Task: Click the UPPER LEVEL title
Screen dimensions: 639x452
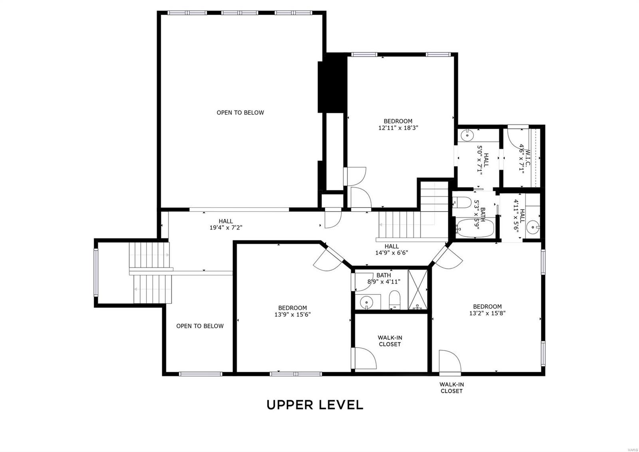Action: point(315,405)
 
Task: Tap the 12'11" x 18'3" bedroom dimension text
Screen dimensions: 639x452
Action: point(398,128)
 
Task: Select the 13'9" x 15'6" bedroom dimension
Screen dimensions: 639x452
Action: point(292,314)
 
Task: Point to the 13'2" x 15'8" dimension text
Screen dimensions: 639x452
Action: point(487,313)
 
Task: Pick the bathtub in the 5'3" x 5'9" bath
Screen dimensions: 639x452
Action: point(475,228)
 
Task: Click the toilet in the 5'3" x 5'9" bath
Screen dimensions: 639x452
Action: point(462,202)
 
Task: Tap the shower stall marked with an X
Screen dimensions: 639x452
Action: point(418,289)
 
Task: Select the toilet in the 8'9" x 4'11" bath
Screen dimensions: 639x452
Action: point(395,300)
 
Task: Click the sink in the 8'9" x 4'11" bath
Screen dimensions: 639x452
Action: point(366,302)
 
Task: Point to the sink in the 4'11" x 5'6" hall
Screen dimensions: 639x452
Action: point(533,228)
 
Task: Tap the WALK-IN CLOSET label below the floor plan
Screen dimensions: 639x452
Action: point(452,388)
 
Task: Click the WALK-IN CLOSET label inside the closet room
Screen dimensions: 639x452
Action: point(390,341)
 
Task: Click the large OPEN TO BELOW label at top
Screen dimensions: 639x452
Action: point(240,112)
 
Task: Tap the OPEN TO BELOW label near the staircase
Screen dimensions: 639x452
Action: point(200,326)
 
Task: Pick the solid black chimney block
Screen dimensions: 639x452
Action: point(332,83)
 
